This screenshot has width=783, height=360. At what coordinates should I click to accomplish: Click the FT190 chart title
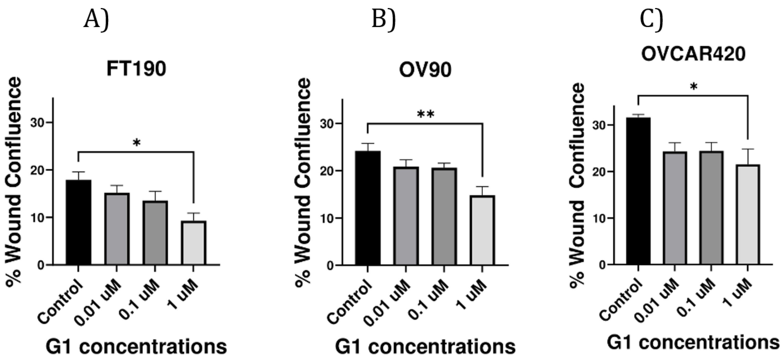click(x=136, y=69)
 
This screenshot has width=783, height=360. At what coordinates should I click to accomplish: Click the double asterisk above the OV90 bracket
click(x=426, y=114)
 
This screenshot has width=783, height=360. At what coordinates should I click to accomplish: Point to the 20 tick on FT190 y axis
click(x=37, y=170)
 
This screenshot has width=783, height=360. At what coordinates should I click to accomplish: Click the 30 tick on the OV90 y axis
click(x=327, y=123)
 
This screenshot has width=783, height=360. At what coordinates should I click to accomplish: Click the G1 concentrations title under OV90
click(x=425, y=346)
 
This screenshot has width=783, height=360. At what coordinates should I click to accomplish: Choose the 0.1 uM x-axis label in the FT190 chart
click(x=139, y=299)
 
